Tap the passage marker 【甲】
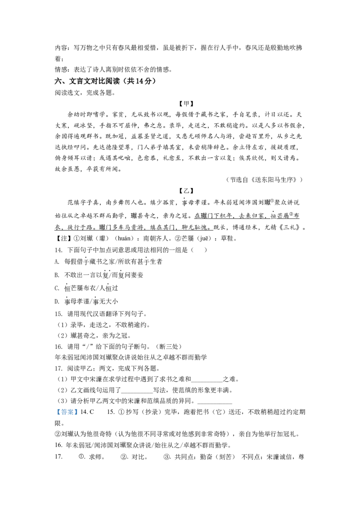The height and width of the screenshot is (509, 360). point(186,104)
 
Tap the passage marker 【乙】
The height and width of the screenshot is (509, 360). point(186,191)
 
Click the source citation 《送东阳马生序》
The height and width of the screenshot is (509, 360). point(275,180)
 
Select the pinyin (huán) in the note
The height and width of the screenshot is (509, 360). point(124,239)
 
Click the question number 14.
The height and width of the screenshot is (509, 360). point(58,250)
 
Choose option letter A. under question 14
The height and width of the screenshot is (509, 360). point(57,262)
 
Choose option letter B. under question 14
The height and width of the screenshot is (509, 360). point(57,275)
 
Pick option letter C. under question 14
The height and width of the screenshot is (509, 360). point(57,288)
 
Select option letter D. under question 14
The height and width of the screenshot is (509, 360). point(57,302)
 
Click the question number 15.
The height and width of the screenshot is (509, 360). point(58,314)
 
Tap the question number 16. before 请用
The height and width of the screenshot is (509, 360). point(58,347)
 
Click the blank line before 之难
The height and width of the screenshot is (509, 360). point(207,382)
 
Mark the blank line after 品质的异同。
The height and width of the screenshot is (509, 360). point(215,404)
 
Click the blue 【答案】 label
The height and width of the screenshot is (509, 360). point(67,412)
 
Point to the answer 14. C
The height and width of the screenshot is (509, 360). point(87,412)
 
